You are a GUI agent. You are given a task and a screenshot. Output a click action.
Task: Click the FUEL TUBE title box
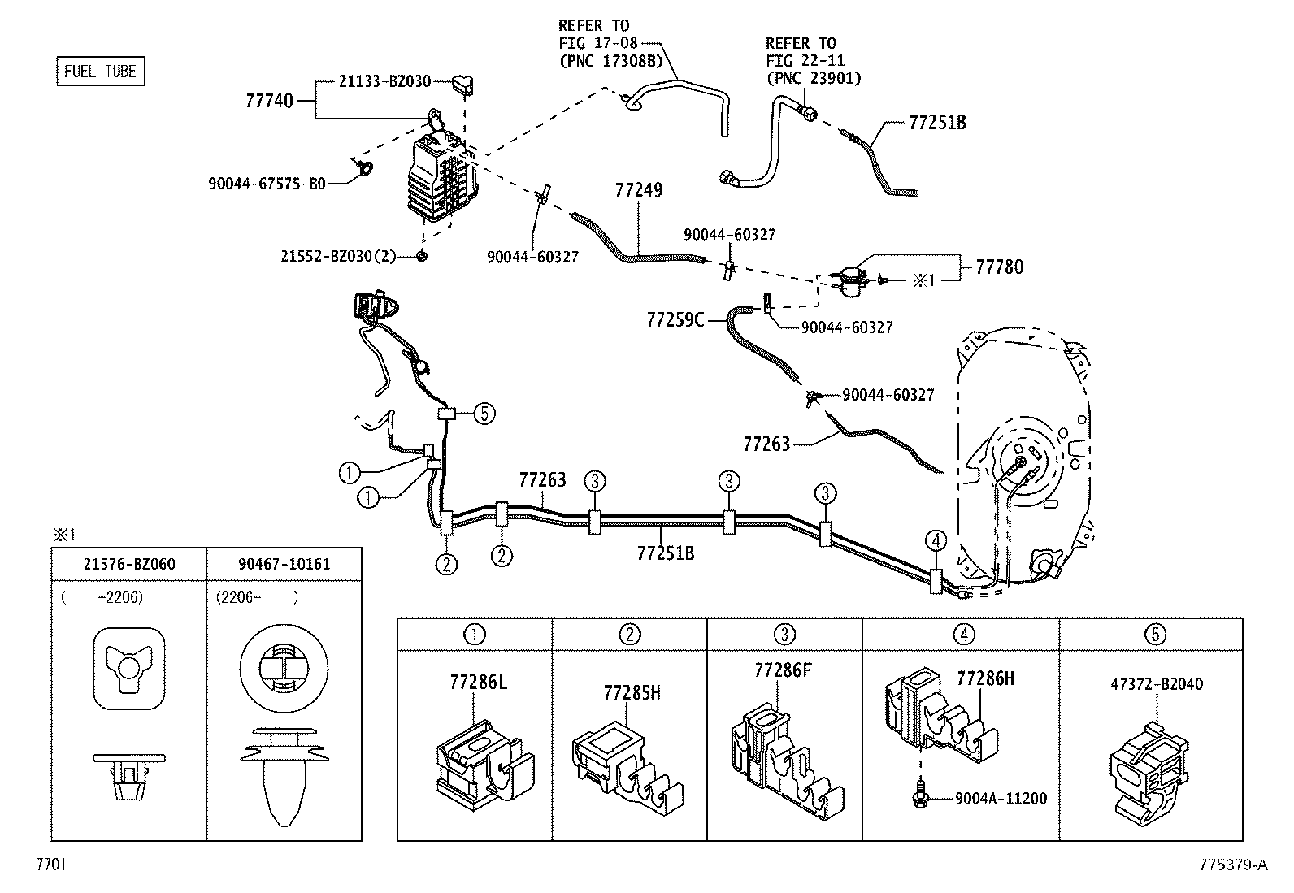click(101, 71)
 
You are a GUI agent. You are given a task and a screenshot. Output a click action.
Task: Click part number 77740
click(269, 101)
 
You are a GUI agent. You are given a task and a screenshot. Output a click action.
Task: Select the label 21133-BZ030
click(384, 81)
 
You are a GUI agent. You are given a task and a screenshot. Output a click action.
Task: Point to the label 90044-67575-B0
click(267, 184)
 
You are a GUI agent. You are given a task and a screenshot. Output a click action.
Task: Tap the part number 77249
click(639, 190)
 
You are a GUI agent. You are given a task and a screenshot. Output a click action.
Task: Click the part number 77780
click(1000, 267)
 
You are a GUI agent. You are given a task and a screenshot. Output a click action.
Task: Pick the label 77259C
click(675, 319)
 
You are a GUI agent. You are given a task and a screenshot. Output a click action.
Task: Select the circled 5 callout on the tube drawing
click(484, 414)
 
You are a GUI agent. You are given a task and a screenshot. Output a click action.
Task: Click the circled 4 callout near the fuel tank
click(936, 541)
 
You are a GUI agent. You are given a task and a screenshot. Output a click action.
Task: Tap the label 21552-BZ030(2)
click(338, 256)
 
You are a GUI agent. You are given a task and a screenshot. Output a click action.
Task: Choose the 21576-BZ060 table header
click(129, 564)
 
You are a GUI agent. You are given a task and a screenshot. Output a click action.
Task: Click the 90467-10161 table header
click(284, 564)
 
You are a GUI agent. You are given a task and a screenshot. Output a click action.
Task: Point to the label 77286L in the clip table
click(478, 683)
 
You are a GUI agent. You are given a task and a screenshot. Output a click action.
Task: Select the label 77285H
click(632, 692)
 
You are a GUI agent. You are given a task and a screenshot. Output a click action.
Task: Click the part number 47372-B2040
click(1157, 684)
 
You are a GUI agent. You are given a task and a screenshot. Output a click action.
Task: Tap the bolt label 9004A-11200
click(1001, 798)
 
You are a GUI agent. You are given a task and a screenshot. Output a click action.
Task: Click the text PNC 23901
click(814, 79)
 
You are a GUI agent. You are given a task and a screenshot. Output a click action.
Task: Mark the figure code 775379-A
click(1233, 865)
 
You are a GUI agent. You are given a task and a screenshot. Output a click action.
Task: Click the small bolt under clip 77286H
click(920, 797)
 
